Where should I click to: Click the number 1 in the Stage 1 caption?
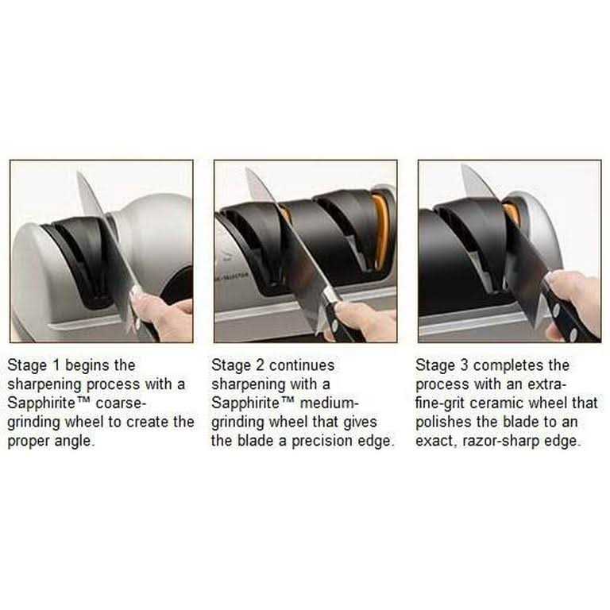(56, 365)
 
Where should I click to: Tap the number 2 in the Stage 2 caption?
(260, 365)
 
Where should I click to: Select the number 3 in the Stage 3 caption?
(464, 365)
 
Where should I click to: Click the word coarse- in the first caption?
(121, 403)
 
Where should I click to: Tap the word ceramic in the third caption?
(493, 403)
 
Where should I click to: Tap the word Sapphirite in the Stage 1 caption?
(41, 403)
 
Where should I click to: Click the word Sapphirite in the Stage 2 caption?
(245, 403)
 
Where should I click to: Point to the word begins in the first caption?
(87, 366)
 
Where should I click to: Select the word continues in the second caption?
(302, 365)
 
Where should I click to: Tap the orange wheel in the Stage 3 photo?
(512, 213)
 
